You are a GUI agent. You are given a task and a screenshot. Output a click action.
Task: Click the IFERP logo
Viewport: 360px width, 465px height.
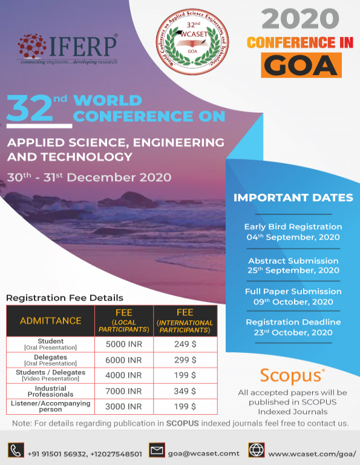(68, 49)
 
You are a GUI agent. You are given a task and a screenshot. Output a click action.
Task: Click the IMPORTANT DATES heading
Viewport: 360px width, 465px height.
(293, 197)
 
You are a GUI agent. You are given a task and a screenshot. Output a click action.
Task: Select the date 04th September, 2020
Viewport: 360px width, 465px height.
(293, 237)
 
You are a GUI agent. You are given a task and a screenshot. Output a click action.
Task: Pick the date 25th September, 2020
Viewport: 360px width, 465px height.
(293, 270)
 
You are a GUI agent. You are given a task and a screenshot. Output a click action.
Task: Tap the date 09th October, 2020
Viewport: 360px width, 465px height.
(293, 302)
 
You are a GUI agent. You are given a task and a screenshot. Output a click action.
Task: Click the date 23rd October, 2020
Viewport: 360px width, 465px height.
(293, 332)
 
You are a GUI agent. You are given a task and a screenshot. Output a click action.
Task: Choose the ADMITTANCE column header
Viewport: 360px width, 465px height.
(51, 321)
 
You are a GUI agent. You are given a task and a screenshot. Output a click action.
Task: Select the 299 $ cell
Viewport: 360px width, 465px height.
(185, 360)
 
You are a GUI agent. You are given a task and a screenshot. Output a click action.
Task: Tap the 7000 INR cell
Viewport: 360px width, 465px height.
(124, 392)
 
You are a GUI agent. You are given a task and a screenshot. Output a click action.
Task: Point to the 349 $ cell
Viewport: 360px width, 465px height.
(185, 392)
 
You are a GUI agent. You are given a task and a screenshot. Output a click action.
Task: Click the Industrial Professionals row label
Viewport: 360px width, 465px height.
(51, 392)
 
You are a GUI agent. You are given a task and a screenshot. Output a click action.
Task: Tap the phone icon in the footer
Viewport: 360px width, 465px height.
(15, 451)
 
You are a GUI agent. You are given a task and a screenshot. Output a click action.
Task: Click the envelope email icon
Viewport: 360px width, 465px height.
(157, 451)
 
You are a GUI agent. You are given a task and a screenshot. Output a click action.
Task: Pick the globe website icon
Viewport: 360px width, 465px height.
(256, 451)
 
